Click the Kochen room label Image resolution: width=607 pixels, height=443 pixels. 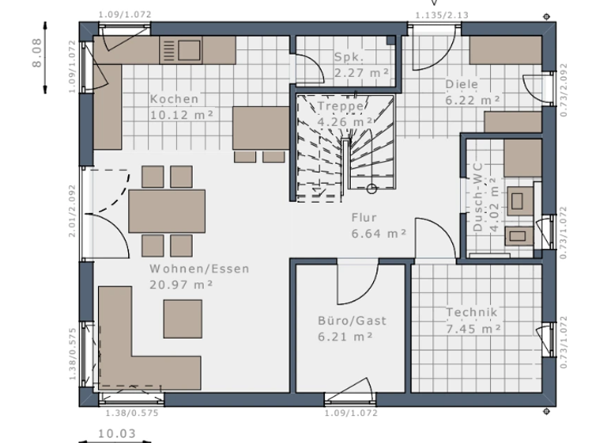pyautogui.click(x=174, y=99)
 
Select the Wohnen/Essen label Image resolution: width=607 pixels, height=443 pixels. pyautogui.click(x=199, y=268)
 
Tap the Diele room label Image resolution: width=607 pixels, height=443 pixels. pyautogui.click(x=462, y=85)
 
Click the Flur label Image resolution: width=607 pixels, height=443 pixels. pyautogui.click(x=364, y=218)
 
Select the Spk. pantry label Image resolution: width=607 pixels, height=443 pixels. pyautogui.click(x=348, y=58)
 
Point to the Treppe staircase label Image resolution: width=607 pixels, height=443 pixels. pyautogui.click(x=341, y=106)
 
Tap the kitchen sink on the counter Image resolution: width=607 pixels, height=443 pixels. pyautogui.click(x=181, y=50)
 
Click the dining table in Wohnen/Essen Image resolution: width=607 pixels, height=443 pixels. pyautogui.click(x=167, y=211)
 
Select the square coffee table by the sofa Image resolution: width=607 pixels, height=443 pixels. pyautogui.click(x=183, y=318)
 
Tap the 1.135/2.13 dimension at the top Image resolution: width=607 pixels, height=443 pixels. pyautogui.click(x=441, y=14)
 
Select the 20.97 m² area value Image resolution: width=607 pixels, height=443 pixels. pyautogui.click(x=181, y=284)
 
